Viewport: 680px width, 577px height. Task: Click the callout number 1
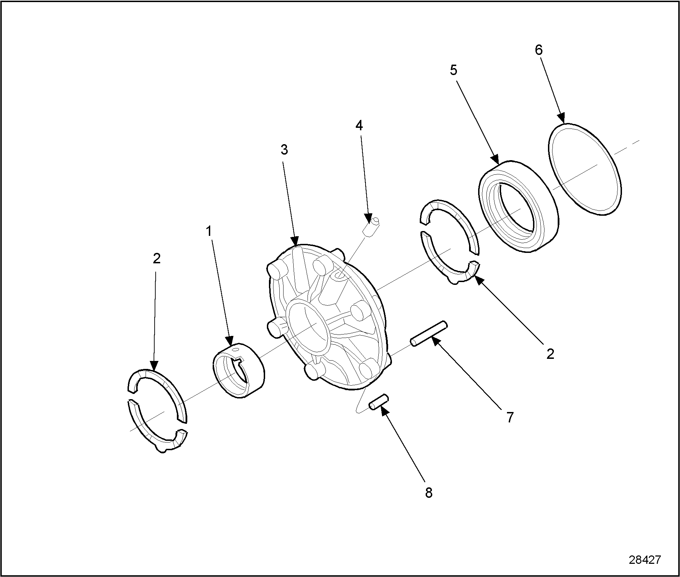pos(209,231)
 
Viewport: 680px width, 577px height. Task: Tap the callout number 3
pos(284,150)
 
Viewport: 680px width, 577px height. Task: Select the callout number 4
pos(359,126)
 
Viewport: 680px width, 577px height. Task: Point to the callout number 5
pos(453,71)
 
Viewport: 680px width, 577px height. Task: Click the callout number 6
pos(538,50)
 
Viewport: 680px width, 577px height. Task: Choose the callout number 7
pos(509,418)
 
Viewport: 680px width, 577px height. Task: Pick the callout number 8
pos(429,493)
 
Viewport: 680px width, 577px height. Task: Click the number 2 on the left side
pos(157,258)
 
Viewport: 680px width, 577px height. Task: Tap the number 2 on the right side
pos(550,354)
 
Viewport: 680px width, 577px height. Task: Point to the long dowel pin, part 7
pos(428,333)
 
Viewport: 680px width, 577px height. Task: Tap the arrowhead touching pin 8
pos(384,410)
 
